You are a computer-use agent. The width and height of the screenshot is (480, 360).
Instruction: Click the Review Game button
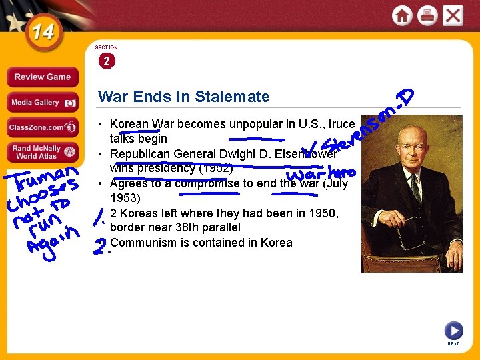click(42, 77)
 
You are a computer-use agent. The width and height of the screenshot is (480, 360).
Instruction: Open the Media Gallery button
click(42, 102)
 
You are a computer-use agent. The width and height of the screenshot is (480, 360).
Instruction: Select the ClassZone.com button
click(42, 127)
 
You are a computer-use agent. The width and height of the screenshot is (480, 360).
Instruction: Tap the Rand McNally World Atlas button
click(42, 152)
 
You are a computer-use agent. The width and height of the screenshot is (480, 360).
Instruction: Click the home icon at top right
click(402, 15)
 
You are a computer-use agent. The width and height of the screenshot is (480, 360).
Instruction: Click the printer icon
click(427, 15)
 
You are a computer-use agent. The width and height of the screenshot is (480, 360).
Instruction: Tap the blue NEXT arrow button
click(453, 330)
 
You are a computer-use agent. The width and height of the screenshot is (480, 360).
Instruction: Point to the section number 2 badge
click(106, 61)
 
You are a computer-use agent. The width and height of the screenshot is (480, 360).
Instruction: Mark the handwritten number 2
click(99, 246)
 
